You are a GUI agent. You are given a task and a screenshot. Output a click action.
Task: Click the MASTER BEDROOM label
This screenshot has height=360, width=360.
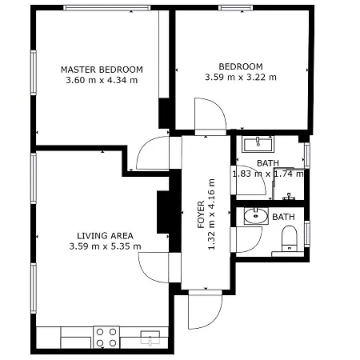pyautogui.click(x=102, y=69)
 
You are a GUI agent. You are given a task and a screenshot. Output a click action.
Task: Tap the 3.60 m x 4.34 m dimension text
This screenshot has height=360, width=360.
pyautogui.click(x=102, y=80)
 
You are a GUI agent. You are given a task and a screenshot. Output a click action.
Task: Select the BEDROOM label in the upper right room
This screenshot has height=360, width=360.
pyautogui.click(x=240, y=66)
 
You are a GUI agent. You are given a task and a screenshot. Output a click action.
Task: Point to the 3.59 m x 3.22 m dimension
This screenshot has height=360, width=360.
pyautogui.click(x=240, y=78)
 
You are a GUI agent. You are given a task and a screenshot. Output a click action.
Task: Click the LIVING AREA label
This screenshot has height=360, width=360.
pyautogui.click(x=105, y=235)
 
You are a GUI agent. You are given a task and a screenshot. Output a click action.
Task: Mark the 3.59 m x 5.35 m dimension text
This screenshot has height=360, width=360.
pyautogui.click(x=105, y=246)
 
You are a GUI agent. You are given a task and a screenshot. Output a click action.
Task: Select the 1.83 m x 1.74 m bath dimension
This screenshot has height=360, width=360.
pyautogui.click(x=267, y=173)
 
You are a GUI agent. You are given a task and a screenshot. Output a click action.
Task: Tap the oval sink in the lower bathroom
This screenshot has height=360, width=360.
pyautogui.click(x=255, y=216)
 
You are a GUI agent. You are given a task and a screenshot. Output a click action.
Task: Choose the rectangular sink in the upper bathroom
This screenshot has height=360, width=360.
pyautogui.click(x=258, y=144)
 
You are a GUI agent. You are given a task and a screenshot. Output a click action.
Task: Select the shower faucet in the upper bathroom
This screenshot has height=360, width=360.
pyautogui.click(x=290, y=195)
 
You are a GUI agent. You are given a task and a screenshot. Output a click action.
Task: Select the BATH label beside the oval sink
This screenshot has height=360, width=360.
pyautogui.click(x=282, y=217)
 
